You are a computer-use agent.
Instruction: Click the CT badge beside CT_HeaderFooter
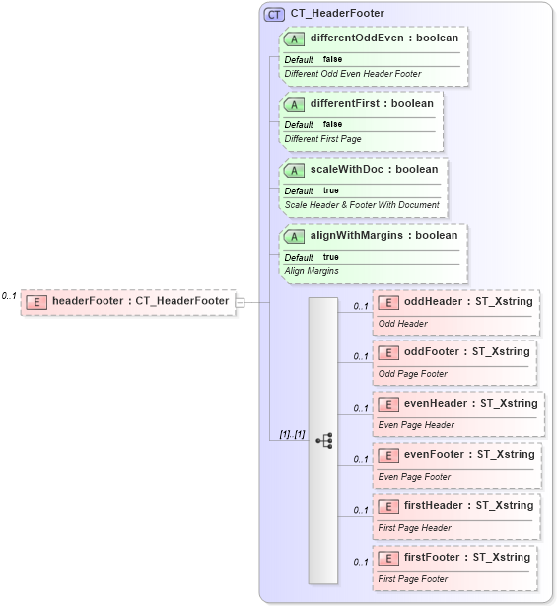[274, 14]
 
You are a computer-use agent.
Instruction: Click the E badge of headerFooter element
[35, 301]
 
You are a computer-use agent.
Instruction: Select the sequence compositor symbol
[324, 440]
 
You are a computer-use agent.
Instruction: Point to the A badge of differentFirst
[295, 104]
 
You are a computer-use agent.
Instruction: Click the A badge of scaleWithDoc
[295, 170]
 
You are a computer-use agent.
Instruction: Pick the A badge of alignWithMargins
[295, 236]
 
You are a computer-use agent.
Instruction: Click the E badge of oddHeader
[388, 301]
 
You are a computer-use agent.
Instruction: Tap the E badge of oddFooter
[388, 352]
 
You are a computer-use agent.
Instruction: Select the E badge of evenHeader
[388, 403]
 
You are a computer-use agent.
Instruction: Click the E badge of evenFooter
[388, 455]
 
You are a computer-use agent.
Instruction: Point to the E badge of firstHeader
[388, 506]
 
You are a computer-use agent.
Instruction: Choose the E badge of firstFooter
[388, 558]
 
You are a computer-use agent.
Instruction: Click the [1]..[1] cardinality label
[291, 434]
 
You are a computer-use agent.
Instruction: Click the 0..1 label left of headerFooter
[9, 295]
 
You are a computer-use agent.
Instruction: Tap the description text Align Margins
[312, 270]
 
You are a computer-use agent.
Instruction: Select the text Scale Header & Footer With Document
[361, 204]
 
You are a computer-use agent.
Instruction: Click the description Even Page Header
[416, 425]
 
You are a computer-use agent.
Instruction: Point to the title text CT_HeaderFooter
[337, 14]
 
